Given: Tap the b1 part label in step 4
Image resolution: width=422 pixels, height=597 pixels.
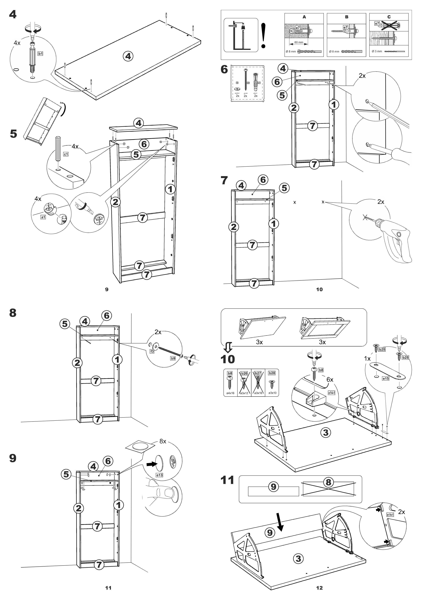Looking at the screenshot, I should coord(40,54).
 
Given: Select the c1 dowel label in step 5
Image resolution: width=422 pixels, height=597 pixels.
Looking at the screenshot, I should coord(66,154).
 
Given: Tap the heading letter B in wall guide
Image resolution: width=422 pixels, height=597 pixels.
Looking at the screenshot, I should coord(347,17).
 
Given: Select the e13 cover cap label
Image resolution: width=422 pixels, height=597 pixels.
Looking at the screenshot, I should coord(159,475).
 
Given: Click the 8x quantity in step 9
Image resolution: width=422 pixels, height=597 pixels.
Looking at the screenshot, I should coord(163,441).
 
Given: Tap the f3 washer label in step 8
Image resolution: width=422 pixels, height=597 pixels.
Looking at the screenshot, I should coord(152,351).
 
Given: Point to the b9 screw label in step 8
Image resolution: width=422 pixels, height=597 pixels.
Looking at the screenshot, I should coord(173,358).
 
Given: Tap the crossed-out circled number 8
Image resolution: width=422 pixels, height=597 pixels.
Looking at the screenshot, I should coord(328,482).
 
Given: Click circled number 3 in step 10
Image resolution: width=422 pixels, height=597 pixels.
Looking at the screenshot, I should coord(325,433).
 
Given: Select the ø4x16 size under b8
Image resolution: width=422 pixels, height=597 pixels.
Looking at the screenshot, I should coord(230,393).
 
